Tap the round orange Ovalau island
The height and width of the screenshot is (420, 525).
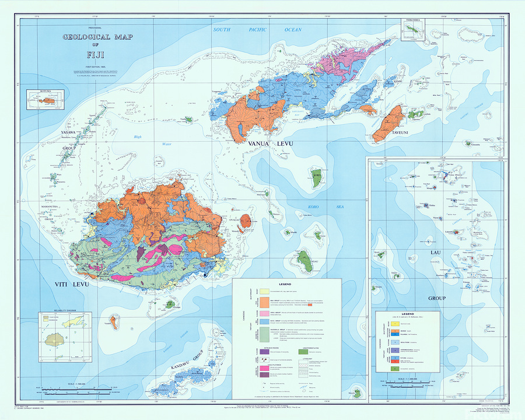coord(246,220)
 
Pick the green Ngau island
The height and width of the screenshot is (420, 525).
coord(303,258)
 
